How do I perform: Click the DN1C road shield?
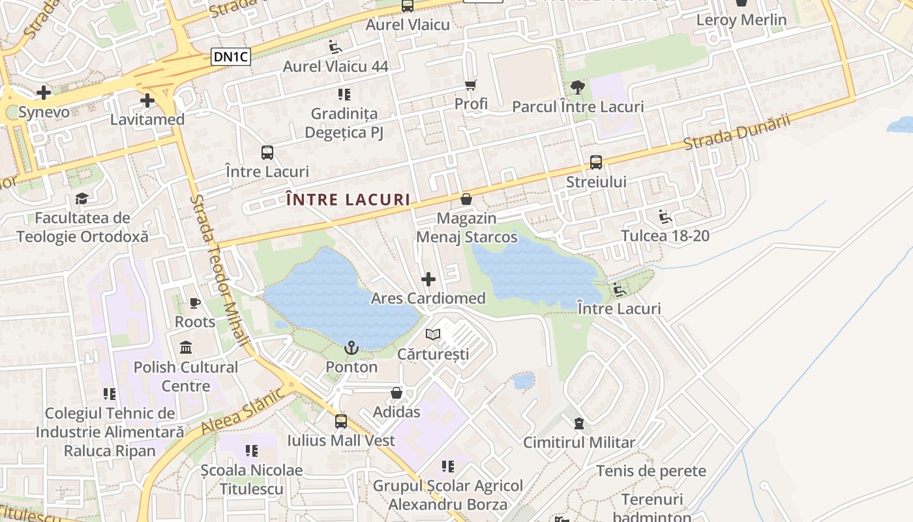click(232, 57)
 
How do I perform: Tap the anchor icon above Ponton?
click(352, 348)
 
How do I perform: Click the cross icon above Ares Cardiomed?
click(428, 279)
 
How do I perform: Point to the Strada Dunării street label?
click(737, 132)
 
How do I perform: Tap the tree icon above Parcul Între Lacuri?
click(577, 87)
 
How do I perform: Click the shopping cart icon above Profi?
click(471, 85)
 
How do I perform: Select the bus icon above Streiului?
click(596, 162)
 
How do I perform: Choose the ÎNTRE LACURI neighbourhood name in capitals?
click(348, 200)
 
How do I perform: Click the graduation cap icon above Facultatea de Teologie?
click(82, 198)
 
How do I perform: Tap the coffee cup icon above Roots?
click(194, 303)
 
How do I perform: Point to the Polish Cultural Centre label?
click(186, 376)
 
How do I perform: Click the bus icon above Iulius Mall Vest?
click(341, 422)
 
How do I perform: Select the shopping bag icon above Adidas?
click(396, 393)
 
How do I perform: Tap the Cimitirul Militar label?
click(579, 442)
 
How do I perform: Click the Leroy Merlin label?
click(741, 20)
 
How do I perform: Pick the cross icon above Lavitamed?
click(147, 100)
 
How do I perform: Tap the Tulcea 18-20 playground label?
click(665, 236)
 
